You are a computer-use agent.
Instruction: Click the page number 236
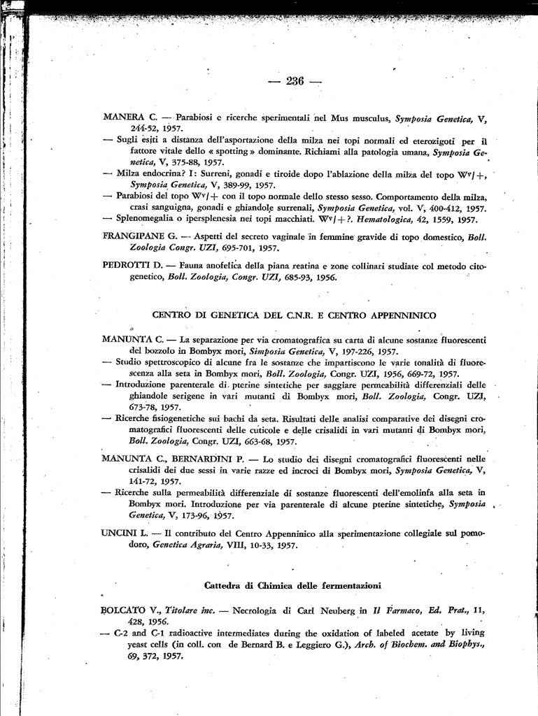point(295,81)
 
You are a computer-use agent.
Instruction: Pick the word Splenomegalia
point(150,219)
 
